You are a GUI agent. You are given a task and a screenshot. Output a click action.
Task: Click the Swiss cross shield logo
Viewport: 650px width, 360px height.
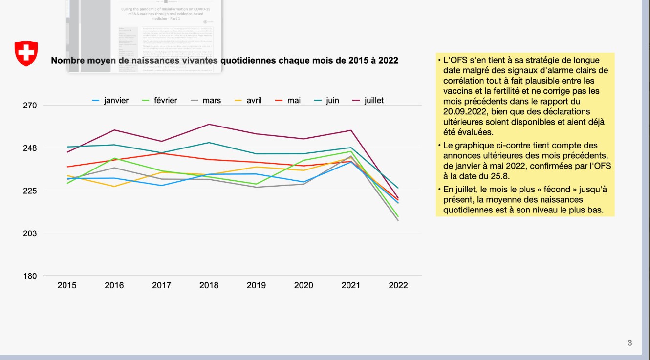click(x=26, y=54)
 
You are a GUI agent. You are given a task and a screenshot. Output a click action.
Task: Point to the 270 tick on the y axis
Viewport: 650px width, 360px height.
click(x=30, y=106)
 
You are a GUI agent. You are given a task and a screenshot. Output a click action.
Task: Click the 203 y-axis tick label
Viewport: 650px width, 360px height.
click(x=30, y=233)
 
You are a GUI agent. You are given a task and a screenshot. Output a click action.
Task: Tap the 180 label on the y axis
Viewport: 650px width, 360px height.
click(x=30, y=276)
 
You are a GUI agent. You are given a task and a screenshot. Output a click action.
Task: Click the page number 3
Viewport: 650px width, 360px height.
click(x=630, y=343)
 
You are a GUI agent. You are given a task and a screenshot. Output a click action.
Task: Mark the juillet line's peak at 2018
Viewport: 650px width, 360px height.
click(x=209, y=124)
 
